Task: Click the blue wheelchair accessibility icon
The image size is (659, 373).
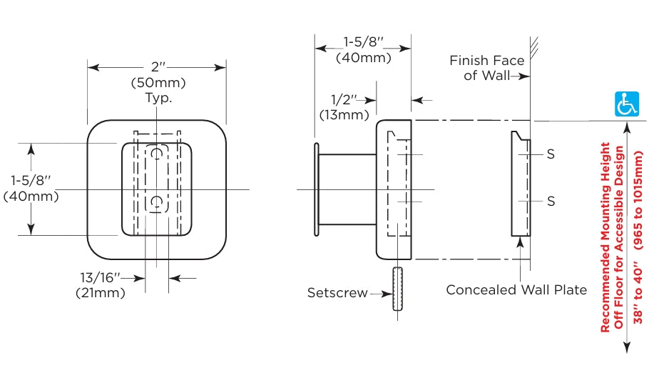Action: [x=627, y=104]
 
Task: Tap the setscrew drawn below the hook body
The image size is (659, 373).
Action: [x=397, y=289]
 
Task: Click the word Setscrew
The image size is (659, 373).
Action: [x=337, y=292]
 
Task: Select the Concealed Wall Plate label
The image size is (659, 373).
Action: [x=516, y=289]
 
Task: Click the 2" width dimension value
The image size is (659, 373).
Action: [x=158, y=66]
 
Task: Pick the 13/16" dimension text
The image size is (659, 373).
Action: [x=100, y=277]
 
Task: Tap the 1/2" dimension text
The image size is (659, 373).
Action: [x=343, y=100]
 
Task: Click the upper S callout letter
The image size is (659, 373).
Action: [x=551, y=154]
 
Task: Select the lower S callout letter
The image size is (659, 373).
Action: [x=551, y=202]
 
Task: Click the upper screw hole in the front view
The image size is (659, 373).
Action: [x=157, y=154]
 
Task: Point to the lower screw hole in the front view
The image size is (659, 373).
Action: [x=157, y=202]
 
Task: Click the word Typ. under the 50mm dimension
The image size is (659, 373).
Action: [x=158, y=98]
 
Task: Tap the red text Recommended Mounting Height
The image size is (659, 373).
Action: [x=605, y=237]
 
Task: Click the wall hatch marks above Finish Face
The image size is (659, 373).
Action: [x=534, y=48]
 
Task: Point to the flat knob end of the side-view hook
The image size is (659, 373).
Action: [x=317, y=189]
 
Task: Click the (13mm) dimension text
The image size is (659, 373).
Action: [x=344, y=114]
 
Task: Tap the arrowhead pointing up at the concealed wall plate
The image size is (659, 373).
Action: [x=521, y=242]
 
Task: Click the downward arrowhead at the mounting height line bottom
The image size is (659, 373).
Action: [x=627, y=347]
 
